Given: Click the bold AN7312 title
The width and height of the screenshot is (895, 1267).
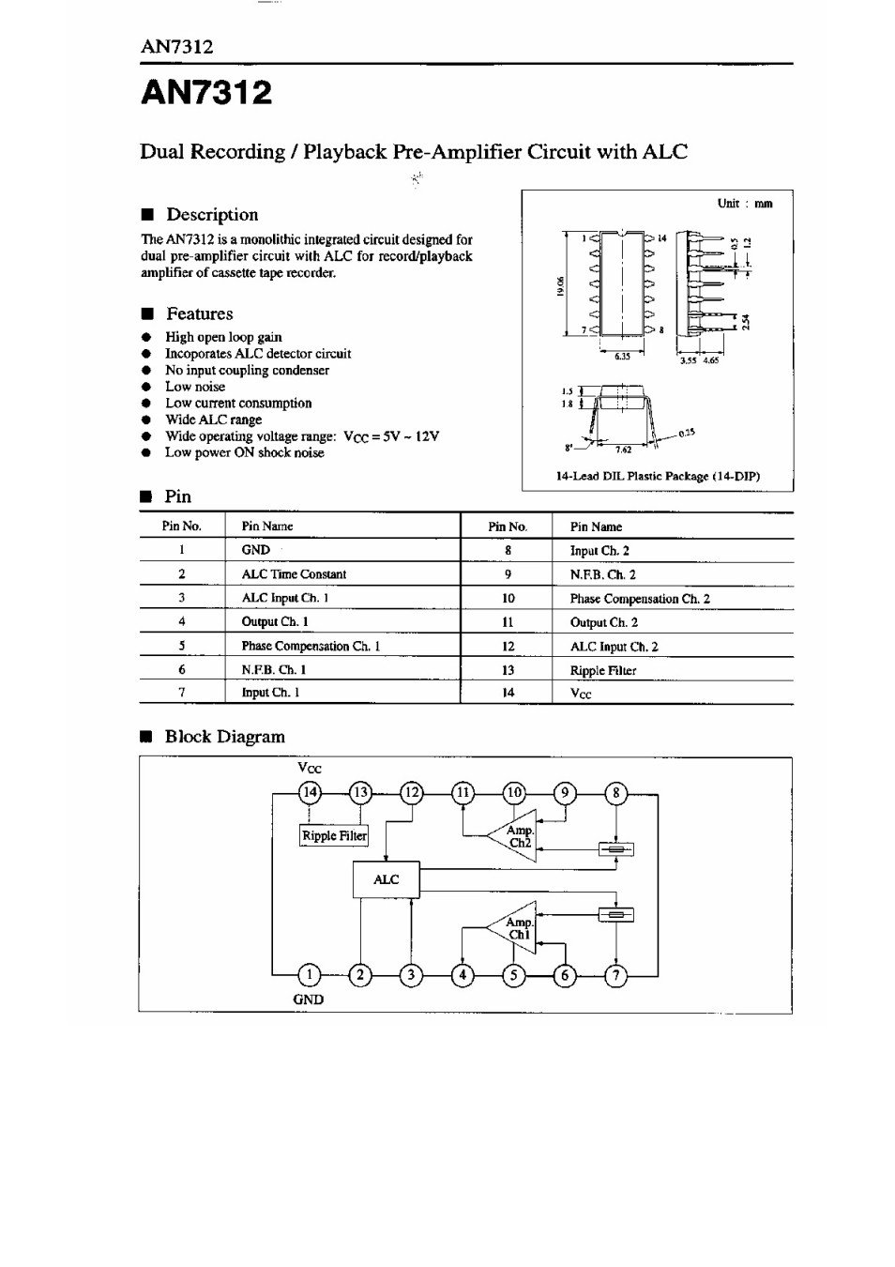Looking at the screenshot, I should pos(206,93).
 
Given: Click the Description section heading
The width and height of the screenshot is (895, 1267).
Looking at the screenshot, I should pos(211,215).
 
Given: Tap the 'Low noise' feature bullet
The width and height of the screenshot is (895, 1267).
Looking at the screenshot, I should pos(195,387).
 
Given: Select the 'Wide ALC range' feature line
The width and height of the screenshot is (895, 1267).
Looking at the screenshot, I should pos(213,420).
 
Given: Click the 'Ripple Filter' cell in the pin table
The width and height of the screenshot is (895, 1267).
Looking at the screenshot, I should pos(602,670).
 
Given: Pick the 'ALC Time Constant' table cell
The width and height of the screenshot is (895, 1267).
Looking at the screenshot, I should pos(293,574).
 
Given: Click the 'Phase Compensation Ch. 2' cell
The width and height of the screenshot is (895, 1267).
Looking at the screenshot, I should pos(639,599).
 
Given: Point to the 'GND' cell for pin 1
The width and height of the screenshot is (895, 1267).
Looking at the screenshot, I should pos(255,550).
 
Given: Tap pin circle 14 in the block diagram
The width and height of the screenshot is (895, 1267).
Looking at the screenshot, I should pos(310,793).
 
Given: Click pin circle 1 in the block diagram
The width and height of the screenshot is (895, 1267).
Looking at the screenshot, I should pos(310,975).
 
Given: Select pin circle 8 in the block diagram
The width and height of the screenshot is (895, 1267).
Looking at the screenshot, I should pos(616,793).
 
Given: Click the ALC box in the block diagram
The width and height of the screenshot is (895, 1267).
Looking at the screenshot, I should pos(386,879).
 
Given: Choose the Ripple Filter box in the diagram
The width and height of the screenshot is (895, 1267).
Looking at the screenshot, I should pos(334,835).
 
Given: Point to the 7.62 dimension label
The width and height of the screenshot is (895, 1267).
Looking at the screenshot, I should pos(623,450).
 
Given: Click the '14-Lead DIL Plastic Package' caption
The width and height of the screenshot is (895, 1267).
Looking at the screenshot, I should pos(658,476).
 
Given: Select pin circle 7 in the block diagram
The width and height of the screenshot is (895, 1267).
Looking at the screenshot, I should pos(616,975).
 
